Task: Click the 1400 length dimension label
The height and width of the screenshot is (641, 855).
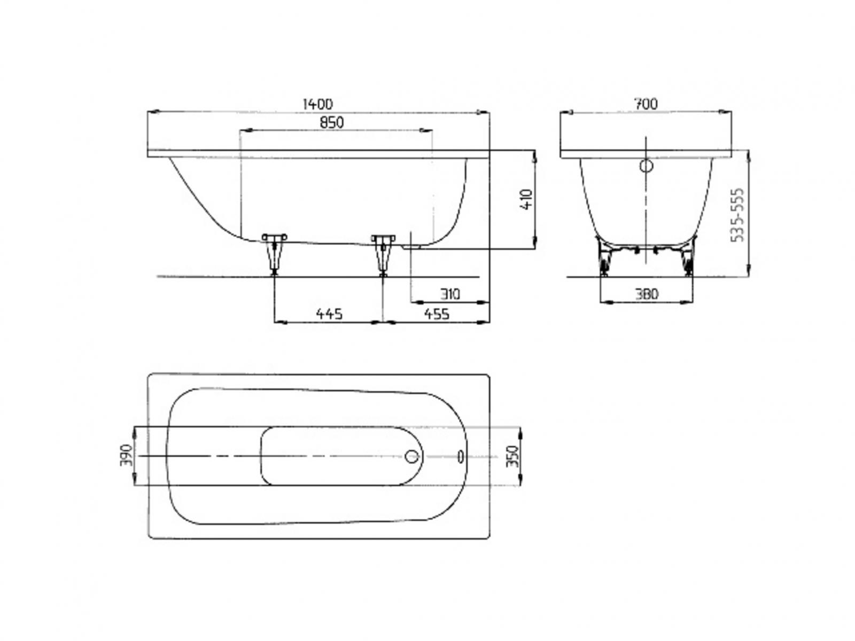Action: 317,104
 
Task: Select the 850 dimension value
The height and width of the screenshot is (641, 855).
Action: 332,122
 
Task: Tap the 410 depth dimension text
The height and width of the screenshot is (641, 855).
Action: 527,199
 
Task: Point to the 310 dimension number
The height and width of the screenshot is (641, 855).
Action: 450,294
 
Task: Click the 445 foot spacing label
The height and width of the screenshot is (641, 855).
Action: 329,314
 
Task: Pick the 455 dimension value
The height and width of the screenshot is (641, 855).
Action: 437,314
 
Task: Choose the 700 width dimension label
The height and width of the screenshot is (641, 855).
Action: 646,104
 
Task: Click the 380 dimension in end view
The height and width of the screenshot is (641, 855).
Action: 647,294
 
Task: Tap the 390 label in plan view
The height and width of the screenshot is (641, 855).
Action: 127,455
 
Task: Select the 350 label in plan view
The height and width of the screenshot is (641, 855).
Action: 512,456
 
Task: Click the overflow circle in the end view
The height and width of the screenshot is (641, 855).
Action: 647,166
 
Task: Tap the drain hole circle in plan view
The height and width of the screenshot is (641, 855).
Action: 412,456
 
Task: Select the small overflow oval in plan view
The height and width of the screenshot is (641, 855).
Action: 460,456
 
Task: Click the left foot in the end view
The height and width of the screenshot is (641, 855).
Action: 605,259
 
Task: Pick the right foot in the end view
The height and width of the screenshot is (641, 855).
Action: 687,259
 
